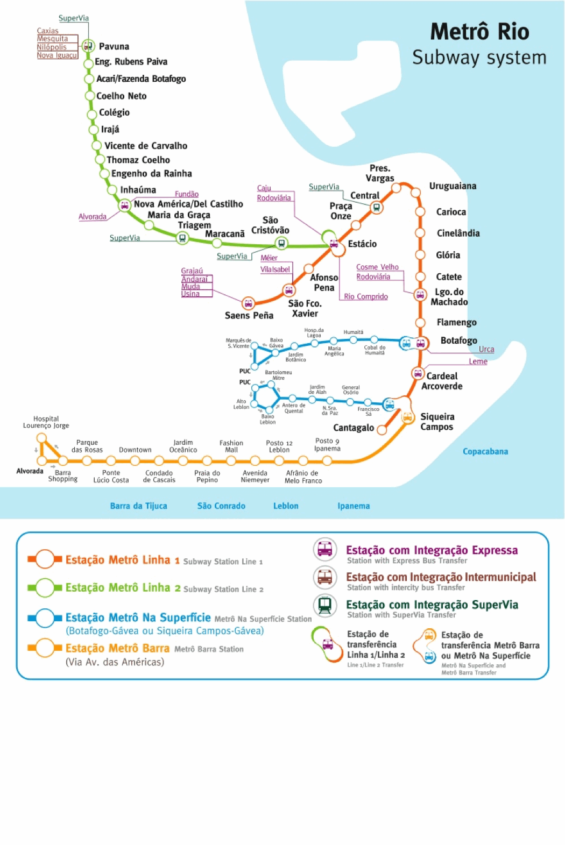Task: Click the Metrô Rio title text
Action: pyautogui.click(x=479, y=32)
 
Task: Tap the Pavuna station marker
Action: pyautogui.click(x=88, y=46)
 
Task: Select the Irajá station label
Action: pyautogui.click(x=110, y=130)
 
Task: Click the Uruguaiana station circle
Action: pyautogui.click(x=415, y=193)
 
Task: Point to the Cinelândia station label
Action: pyautogui.click(x=458, y=233)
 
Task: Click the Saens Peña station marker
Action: pyautogui.click(x=248, y=304)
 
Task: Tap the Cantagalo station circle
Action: pyautogui.click(x=382, y=430)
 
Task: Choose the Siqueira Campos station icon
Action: pyautogui.click(x=407, y=417)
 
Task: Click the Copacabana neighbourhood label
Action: pyautogui.click(x=485, y=452)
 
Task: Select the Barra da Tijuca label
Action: pyautogui.click(x=138, y=506)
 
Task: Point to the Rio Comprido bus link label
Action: pyautogui.click(x=366, y=297)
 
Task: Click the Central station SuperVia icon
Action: pyautogui.click(x=377, y=207)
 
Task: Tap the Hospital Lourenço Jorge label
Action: pyautogui.click(x=46, y=422)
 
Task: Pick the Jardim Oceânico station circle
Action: pyautogui.click(x=183, y=461)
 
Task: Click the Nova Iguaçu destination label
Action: pyautogui.click(x=57, y=55)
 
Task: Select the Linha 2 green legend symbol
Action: pyautogui.click(x=45, y=588)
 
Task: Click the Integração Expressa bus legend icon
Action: pyautogui.click(x=325, y=549)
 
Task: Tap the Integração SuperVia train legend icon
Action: pyautogui.click(x=325, y=605)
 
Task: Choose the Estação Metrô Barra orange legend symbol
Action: pyautogui.click(x=45, y=648)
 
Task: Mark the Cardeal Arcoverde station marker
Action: pyautogui.click(x=418, y=373)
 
